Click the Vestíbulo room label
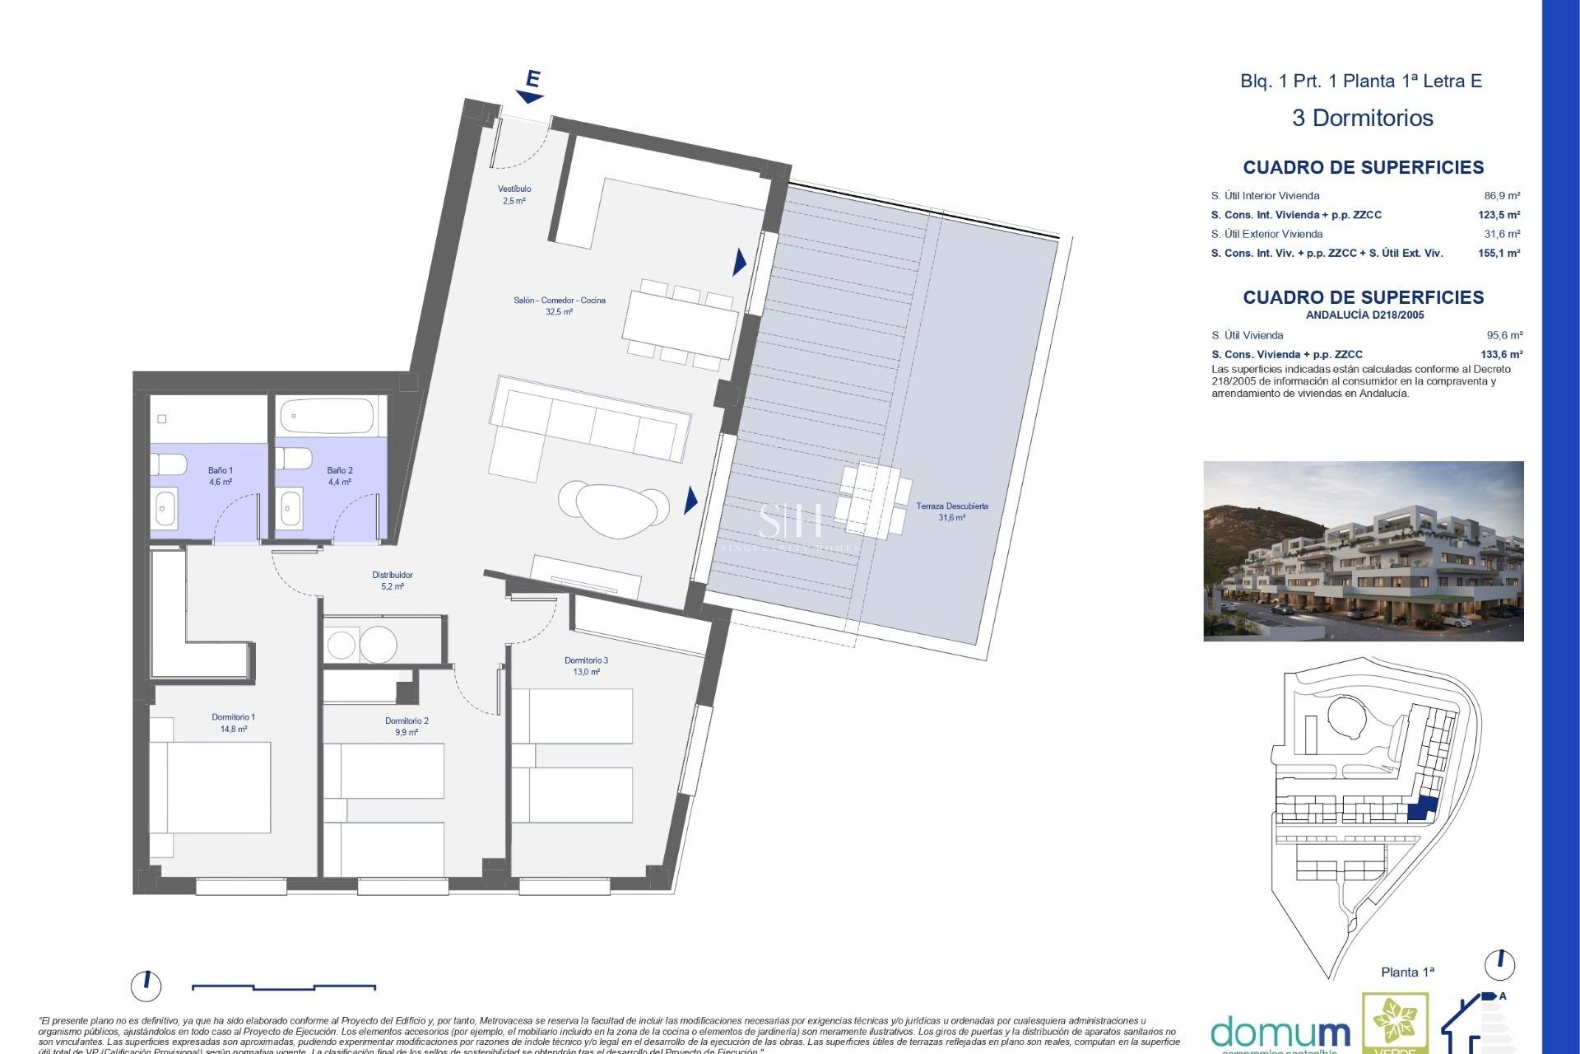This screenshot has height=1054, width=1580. click(514, 194)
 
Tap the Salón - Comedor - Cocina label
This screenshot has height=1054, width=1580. click(559, 305)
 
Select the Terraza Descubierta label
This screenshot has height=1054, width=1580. click(952, 511)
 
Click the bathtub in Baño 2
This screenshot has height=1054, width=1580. click(327, 417)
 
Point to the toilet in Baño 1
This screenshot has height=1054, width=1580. click(168, 465)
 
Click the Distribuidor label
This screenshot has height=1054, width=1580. click(393, 581)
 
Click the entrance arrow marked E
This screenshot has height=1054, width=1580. click(531, 87)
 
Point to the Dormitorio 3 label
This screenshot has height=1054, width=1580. click(587, 665)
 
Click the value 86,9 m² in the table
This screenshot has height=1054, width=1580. click(1502, 196)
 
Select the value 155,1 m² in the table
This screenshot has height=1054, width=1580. click(1499, 254)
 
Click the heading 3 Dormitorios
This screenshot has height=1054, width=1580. click(1363, 119)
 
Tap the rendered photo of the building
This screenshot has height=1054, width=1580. click(1363, 551)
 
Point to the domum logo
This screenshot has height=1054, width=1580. click(1280, 1033)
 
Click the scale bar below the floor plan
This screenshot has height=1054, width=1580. click(284, 986)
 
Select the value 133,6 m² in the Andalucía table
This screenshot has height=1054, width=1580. click(1501, 355)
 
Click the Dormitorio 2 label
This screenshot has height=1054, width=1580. click(407, 726)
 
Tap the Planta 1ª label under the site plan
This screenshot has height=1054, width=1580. click(1407, 972)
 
